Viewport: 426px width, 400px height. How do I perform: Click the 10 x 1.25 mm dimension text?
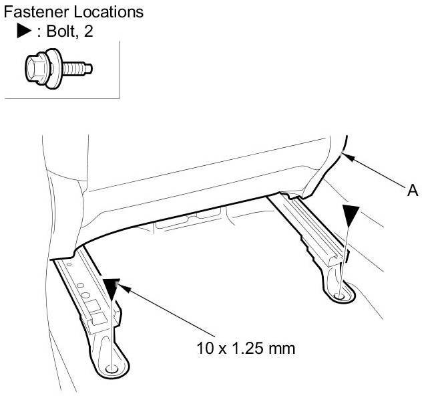coord(245,348)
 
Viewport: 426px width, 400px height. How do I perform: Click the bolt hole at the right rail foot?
coord(341,294)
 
